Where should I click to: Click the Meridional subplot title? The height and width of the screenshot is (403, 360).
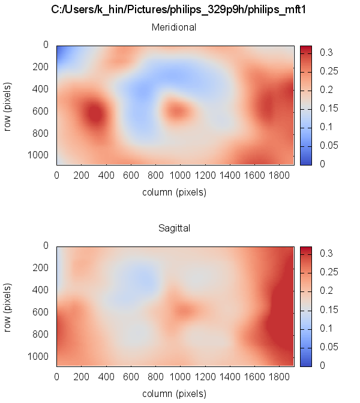coord(174,27)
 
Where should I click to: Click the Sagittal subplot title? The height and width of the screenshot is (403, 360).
coord(174,228)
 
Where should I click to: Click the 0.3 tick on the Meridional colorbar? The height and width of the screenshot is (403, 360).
coord(327,53)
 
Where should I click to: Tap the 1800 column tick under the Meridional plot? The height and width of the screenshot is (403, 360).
coord(279,176)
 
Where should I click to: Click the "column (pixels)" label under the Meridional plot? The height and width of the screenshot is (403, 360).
coord(174,193)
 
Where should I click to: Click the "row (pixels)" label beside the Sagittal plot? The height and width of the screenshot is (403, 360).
coord(9,306)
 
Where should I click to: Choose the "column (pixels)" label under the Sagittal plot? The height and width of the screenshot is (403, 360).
coord(174,394)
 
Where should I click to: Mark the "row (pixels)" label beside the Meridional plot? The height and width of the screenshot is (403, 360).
coord(9,104)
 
